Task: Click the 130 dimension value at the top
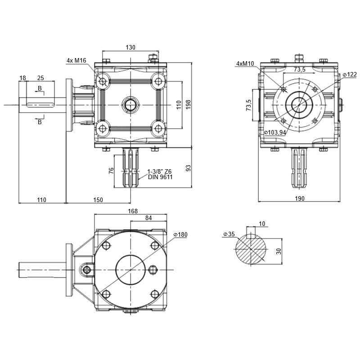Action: click(x=130, y=48)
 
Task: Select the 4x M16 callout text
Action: click(x=76, y=60)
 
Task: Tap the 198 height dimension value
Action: click(x=188, y=104)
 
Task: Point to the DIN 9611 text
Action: click(x=160, y=177)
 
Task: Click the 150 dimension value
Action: click(x=98, y=200)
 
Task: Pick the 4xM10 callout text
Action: click(x=245, y=63)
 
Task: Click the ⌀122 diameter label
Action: click(x=350, y=74)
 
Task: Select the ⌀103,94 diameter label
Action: click(x=275, y=132)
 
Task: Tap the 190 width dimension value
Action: click(x=299, y=198)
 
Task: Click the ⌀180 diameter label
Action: click(x=180, y=234)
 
